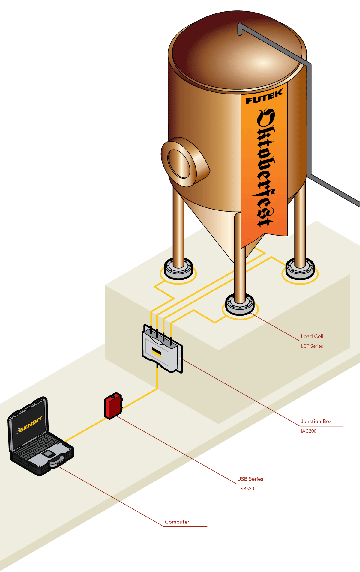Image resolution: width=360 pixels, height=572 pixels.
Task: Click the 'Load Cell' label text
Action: pyautogui.click(x=312, y=336)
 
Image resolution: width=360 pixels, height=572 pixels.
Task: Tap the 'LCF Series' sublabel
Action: pyautogui.click(x=312, y=346)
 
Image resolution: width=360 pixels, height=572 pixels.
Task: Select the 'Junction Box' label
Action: pyautogui.click(x=316, y=421)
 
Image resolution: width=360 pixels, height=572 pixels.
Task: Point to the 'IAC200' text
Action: pyautogui.click(x=308, y=431)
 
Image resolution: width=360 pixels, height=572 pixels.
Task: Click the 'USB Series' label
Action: pyautogui.click(x=250, y=479)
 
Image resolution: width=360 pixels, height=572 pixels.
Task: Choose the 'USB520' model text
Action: pyautogui.click(x=245, y=488)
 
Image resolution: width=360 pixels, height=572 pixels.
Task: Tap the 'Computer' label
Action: pyautogui.click(x=177, y=522)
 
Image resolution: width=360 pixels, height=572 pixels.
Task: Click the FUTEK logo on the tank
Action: pyautogui.click(x=264, y=97)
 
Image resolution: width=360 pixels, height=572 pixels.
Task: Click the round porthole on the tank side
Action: pyautogui.click(x=179, y=163)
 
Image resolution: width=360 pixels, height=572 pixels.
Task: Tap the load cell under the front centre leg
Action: pyautogui.click(x=240, y=304)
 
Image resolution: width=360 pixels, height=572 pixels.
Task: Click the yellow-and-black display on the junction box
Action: pyautogui.click(x=156, y=352)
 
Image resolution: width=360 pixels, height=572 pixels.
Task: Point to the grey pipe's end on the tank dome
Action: pyautogui.click(x=240, y=30)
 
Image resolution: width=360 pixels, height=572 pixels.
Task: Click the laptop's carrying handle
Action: pyautogui.click(x=57, y=462)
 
